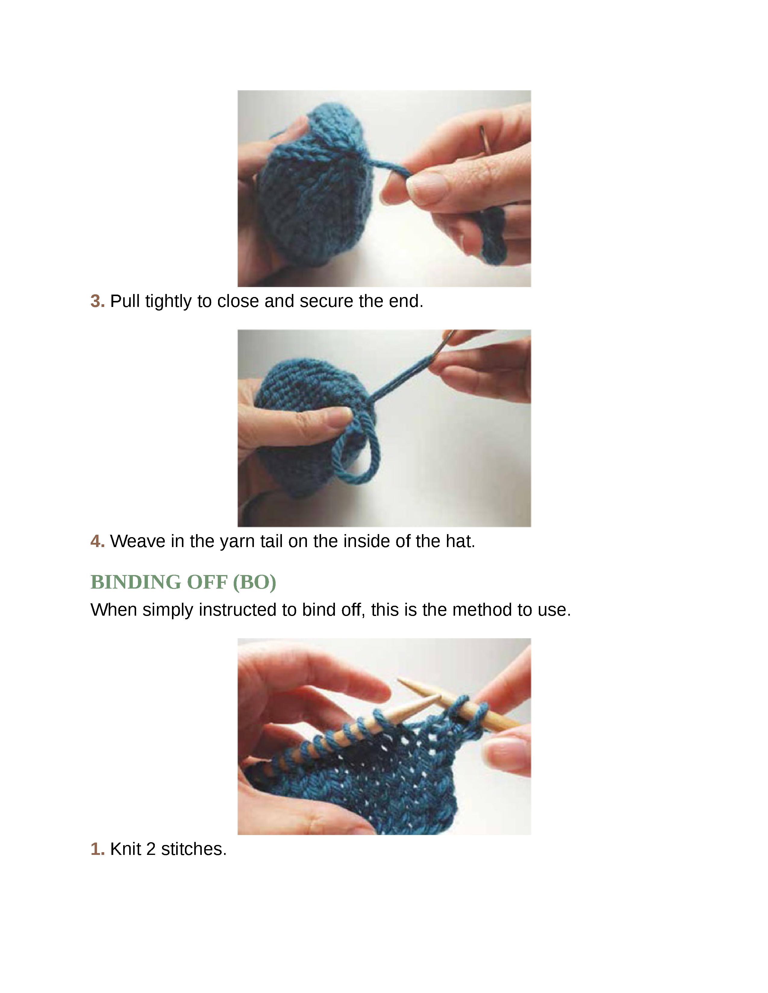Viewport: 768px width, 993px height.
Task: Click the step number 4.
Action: (x=97, y=542)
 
